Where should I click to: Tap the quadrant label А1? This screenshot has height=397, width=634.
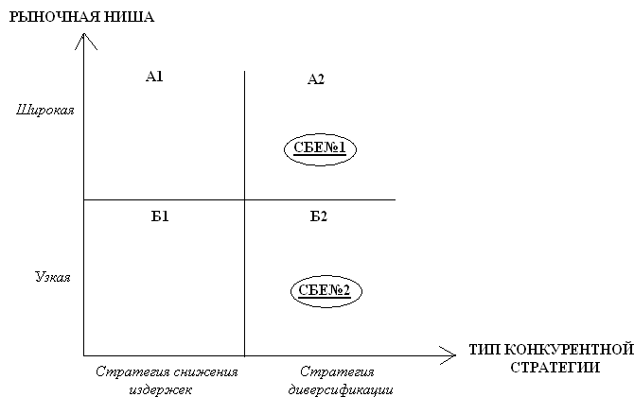[x=155, y=77]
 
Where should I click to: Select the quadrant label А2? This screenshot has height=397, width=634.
[x=316, y=79]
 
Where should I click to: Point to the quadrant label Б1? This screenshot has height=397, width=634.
[x=160, y=216]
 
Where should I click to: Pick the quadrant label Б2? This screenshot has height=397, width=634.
[x=319, y=216]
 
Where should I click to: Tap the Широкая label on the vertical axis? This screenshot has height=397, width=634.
[x=44, y=111]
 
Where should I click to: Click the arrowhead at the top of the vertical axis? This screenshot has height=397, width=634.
[x=85, y=39]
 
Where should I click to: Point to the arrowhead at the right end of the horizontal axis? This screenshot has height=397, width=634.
[x=449, y=354]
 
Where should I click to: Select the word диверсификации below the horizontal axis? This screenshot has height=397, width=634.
[x=338, y=388]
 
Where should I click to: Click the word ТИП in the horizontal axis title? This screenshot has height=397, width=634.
[x=483, y=351]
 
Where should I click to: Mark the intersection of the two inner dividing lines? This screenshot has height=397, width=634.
[x=245, y=199]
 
